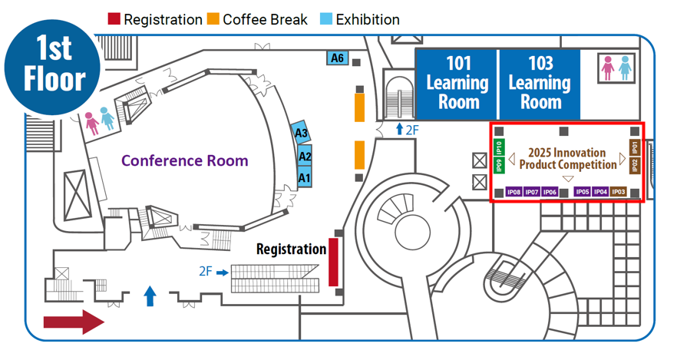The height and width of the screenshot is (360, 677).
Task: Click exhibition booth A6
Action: tap(338, 58)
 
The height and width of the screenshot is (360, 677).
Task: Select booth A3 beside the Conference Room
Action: tap(301, 134)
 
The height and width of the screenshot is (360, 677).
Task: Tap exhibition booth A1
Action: tap(305, 178)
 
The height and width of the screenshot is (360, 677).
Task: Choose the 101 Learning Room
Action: tap(457, 82)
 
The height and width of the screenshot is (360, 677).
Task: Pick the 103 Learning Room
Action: tap(540, 82)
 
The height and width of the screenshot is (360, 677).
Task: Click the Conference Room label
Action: tap(184, 160)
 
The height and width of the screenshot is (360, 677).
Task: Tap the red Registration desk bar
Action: tap(333, 262)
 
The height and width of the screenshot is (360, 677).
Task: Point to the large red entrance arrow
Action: tap(73, 321)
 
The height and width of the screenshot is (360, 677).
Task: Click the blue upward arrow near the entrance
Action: tap(150, 296)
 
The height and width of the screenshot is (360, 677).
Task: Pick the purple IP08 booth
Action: tap(514, 192)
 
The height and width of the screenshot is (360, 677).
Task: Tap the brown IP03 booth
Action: tap(619, 192)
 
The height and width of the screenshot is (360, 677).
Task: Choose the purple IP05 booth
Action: tap(583, 192)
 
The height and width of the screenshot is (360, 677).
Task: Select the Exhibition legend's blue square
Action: tap(325, 19)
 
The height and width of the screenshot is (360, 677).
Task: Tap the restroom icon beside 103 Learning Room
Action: tap(617, 68)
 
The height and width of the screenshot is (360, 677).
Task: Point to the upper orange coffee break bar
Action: tap(358, 107)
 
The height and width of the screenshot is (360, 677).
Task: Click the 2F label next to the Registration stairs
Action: tap(206, 271)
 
